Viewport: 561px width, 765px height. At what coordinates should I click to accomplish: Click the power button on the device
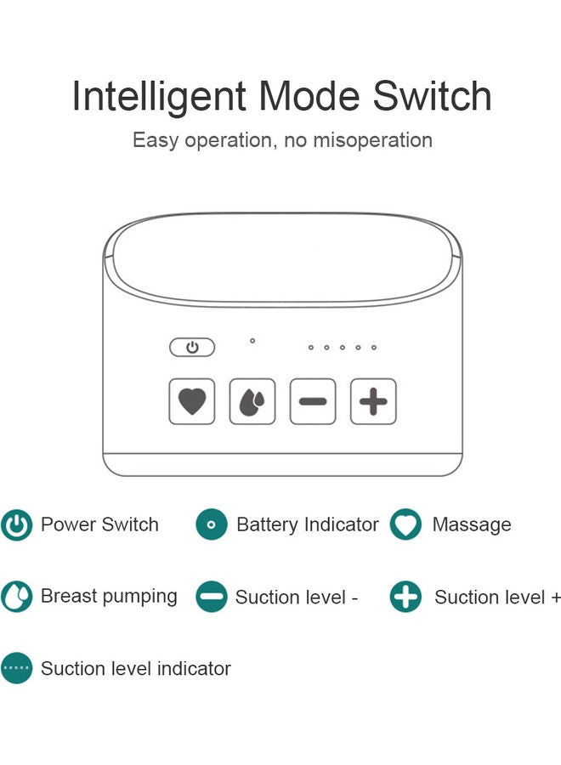192,348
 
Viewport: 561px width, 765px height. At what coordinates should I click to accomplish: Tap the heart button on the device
192,401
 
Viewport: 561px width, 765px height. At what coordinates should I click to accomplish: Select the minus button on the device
313,401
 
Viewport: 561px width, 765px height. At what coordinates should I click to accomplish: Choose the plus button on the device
373,401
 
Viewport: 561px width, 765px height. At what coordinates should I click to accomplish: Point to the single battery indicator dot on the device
252,341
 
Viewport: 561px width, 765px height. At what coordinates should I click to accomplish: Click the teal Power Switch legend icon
16,525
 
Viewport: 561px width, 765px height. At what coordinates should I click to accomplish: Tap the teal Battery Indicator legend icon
212,525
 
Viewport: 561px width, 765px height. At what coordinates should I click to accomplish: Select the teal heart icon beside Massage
405,525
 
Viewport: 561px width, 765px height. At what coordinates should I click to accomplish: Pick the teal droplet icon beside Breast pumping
16,597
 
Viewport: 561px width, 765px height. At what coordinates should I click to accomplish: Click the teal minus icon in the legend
212,597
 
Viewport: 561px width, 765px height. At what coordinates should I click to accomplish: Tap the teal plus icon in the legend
405,597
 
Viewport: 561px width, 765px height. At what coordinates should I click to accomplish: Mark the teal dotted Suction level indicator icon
16,669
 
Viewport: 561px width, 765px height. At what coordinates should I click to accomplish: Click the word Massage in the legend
472,525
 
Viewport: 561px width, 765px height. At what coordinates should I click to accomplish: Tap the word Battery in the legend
266,525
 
